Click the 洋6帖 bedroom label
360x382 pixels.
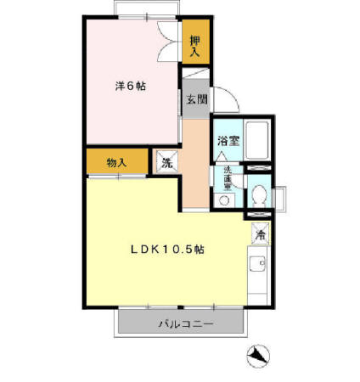130,87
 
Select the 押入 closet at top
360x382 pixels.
195,47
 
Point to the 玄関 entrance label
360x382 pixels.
197,99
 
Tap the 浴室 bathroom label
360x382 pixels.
227,139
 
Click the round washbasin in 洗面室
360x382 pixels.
224,201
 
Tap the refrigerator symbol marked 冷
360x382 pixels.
258,231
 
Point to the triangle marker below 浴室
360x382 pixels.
222,158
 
